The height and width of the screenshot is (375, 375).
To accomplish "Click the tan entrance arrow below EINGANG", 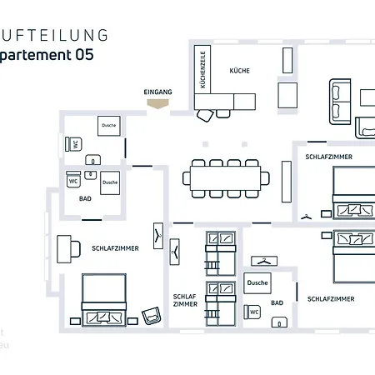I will (157, 105).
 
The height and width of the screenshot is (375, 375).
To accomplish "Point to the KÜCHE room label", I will (239, 71).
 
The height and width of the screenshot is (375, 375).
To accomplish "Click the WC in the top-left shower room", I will (75, 144).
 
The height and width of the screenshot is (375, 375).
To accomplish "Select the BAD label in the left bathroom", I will (85, 198).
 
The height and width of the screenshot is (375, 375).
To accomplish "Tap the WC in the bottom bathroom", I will (255, 312).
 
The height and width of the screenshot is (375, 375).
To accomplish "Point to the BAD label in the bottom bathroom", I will (277, 302).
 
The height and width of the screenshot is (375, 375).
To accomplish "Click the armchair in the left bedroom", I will (151, 315).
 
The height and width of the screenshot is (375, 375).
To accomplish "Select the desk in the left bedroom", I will (64, 248).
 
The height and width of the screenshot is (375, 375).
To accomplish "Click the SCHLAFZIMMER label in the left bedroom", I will (115, 248).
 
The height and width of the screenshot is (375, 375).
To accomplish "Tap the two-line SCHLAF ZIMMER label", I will (185, 300).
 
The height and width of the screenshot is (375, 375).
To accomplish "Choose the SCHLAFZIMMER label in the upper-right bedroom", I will (328, 156).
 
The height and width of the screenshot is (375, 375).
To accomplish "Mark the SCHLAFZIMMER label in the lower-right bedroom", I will (331, 298).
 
